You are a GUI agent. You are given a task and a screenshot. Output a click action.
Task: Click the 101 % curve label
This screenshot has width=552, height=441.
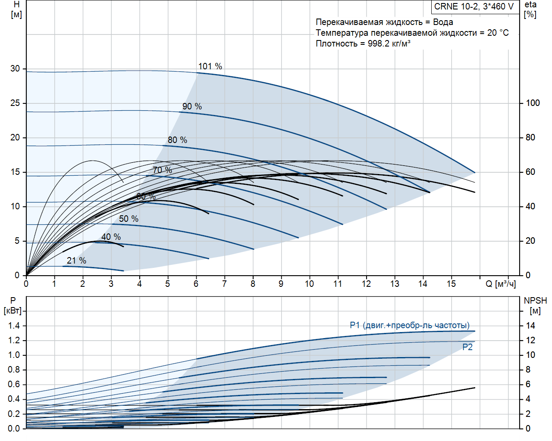(210, 66)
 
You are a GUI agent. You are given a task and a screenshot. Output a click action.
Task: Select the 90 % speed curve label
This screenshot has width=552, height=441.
(192, 106)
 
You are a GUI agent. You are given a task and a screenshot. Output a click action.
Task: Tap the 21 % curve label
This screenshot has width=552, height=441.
(76, 261)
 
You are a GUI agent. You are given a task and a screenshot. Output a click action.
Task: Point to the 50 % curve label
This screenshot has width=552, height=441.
(129, 219)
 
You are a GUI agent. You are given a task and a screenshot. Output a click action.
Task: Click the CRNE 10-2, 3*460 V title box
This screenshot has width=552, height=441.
(474, 6)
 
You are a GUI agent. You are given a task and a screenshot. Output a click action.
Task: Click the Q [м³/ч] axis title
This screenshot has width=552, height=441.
(501, 284)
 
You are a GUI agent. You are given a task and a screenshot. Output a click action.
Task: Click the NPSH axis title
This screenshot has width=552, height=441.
(535, 305)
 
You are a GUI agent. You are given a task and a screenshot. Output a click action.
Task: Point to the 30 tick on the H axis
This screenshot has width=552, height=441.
(15, 68)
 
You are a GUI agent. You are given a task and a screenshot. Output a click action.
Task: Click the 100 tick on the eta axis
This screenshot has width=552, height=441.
(533, 103)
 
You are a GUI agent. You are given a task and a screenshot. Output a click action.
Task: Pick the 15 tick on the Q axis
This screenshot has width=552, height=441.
(451, 284)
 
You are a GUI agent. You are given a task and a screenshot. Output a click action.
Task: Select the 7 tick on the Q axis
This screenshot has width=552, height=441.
(224, 284)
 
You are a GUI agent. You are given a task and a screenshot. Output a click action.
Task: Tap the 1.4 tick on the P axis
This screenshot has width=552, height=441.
(14, 326)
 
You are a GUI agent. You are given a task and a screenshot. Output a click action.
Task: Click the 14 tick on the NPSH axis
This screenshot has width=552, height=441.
(530, 326)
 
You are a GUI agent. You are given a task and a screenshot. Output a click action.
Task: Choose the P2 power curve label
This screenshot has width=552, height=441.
(467, 347)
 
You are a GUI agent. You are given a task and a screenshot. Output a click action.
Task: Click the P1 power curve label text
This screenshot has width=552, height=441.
(409, 325)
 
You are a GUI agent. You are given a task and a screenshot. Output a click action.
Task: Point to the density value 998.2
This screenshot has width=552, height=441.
(378, 43)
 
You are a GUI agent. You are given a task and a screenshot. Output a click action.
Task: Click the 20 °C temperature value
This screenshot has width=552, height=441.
(498, 33)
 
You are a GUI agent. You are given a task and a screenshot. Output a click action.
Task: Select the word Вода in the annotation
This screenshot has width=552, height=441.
(443, 22)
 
